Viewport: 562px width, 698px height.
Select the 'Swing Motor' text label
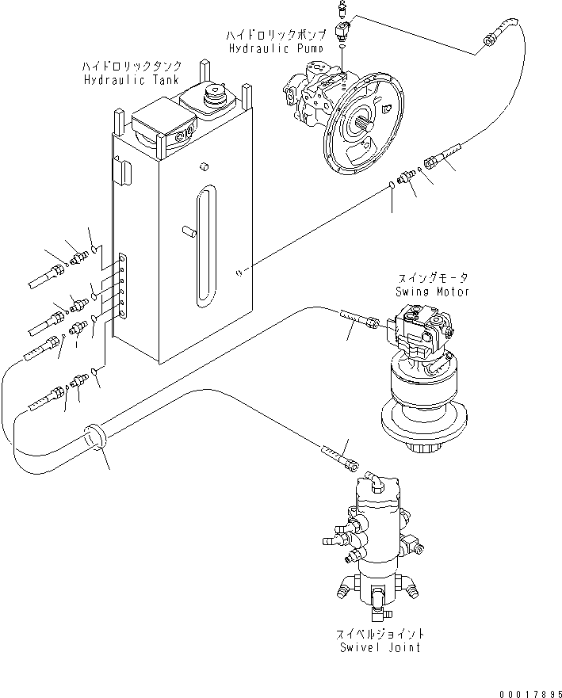pos(433,292)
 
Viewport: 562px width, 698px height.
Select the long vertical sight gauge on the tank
pos(205,246)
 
